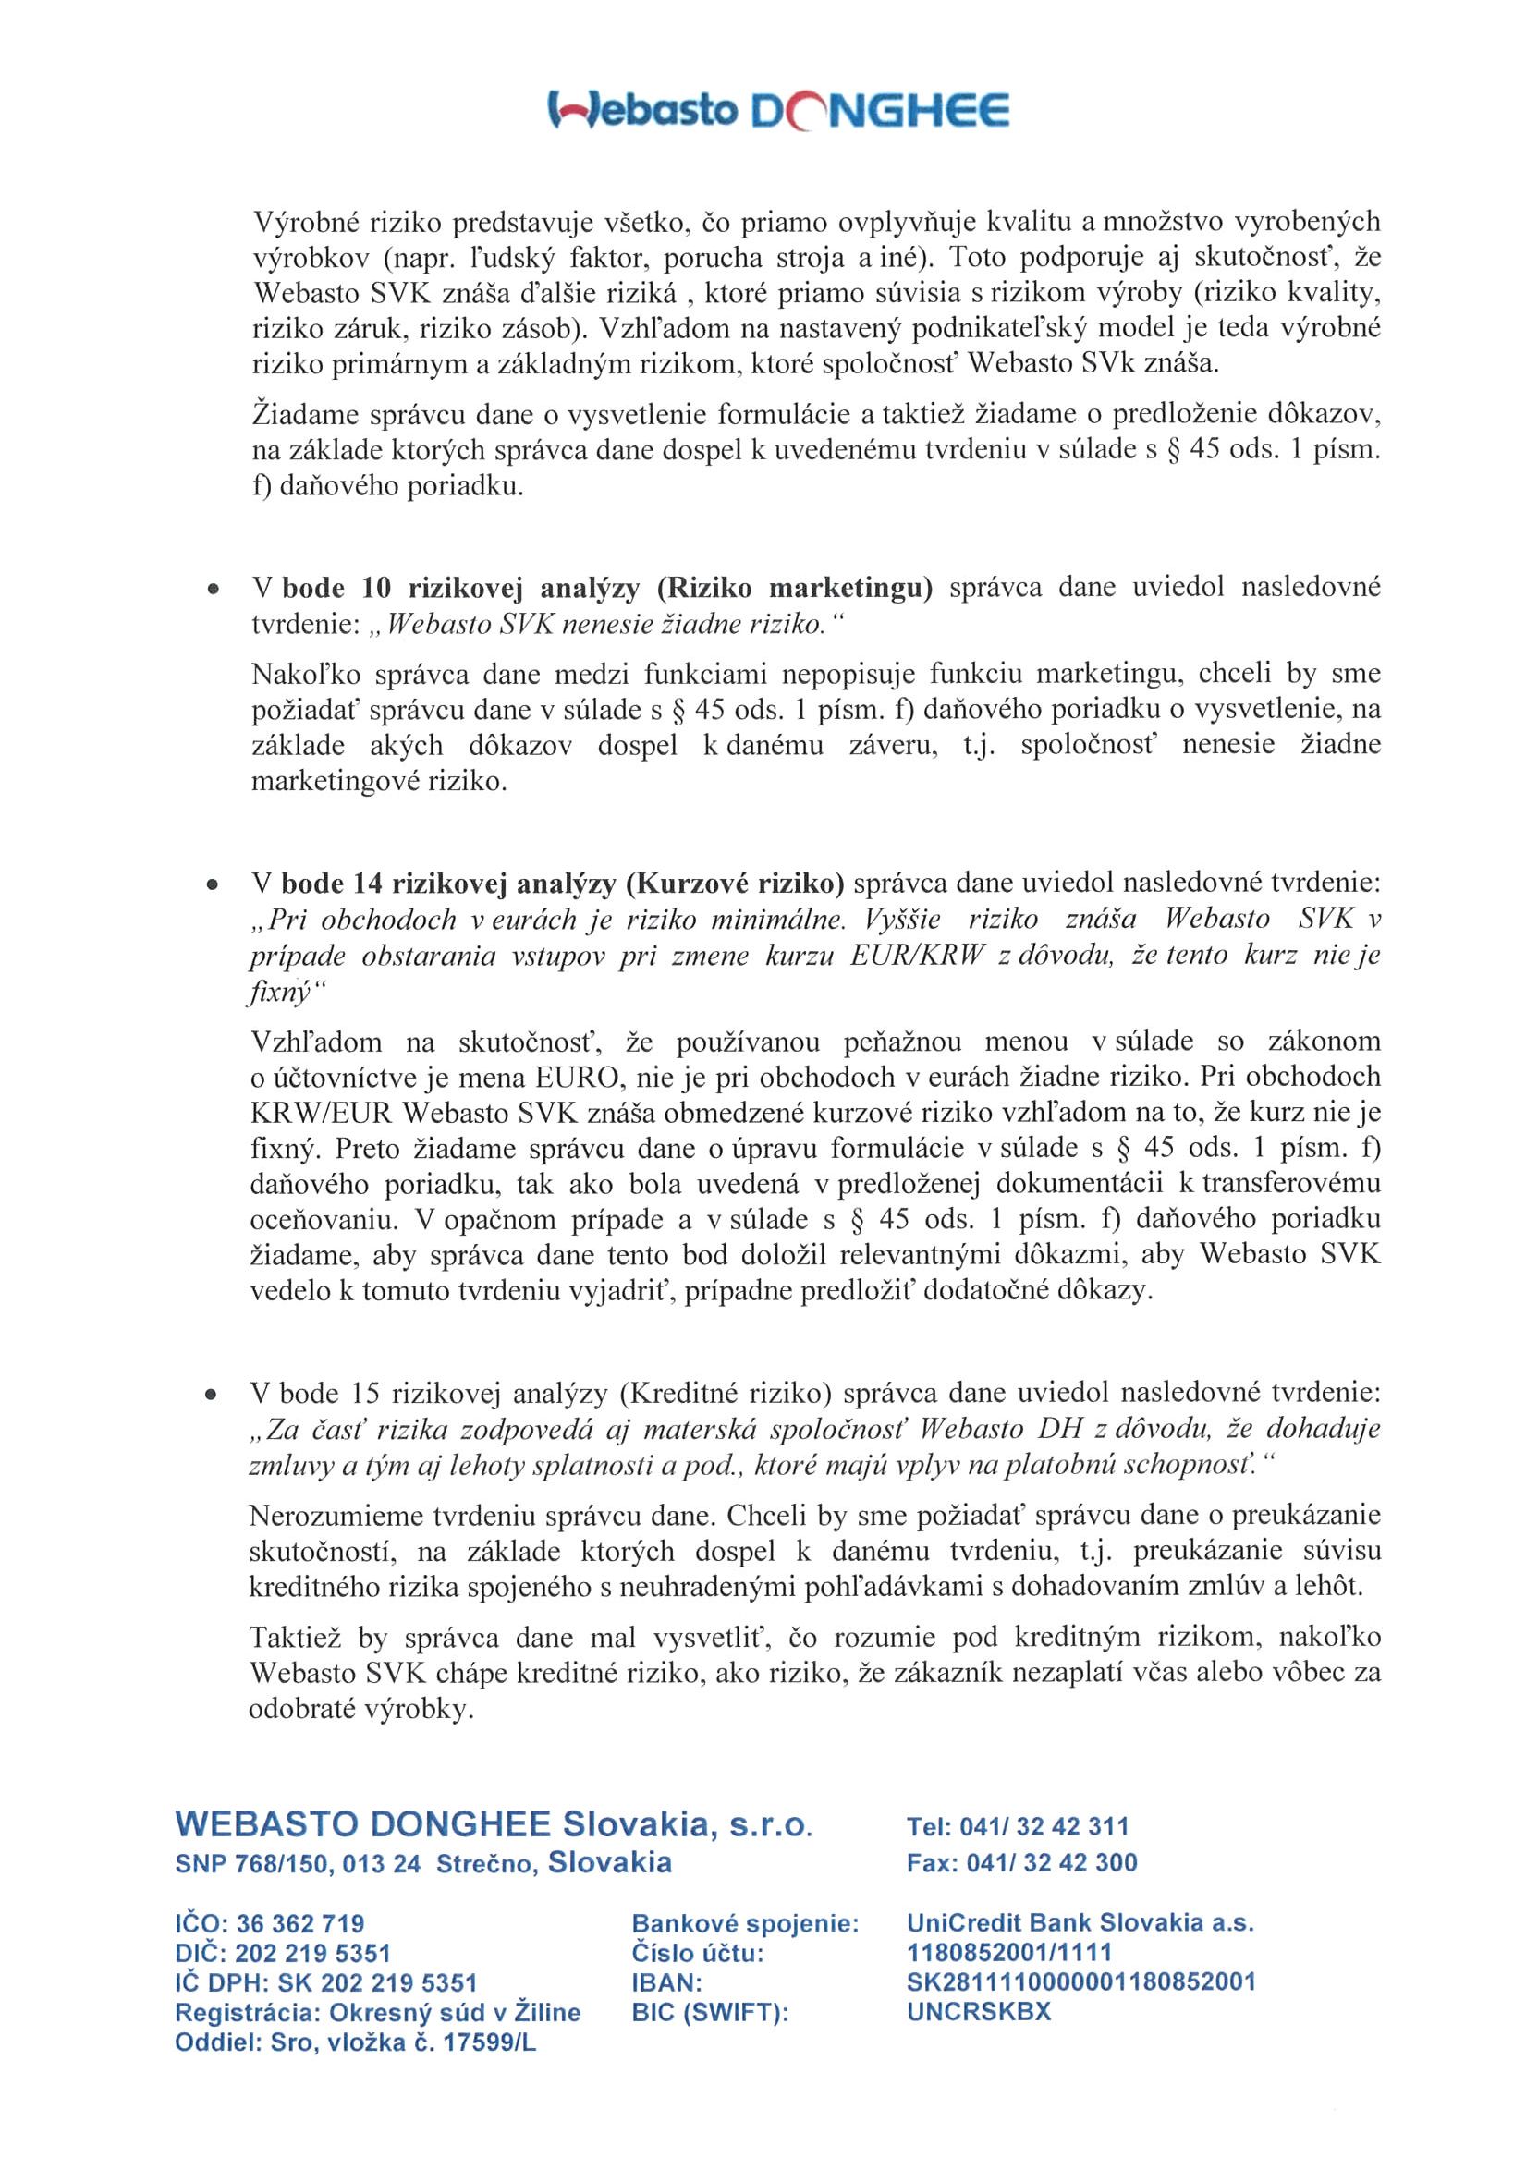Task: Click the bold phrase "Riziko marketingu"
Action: (x=794, y=590)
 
